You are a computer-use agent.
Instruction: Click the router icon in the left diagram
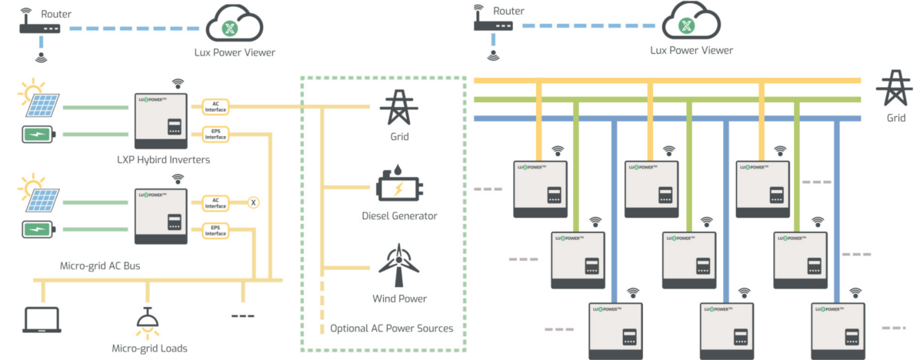(x=40, y=28)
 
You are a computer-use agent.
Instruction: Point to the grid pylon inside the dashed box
(x=398, y=107)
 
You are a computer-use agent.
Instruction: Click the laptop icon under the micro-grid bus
(x=42, y=319)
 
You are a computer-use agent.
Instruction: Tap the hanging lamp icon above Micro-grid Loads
(x=144, y=321)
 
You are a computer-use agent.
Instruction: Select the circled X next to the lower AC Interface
(x=253, y=202)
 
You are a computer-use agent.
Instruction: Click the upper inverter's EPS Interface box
(x=215, y=134)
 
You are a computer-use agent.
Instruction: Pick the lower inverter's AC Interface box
(x=215, y=202)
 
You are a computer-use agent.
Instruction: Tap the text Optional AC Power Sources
(x=392, y=328)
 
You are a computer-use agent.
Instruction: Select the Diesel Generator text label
(x=398, y=216)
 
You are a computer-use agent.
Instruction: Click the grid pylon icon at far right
(x=893, y=89)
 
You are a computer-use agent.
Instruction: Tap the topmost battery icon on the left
(x=38, y=135)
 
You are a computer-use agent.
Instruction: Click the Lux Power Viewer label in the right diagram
(x=691, y=51)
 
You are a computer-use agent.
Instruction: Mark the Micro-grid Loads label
(x=149, y=348)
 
